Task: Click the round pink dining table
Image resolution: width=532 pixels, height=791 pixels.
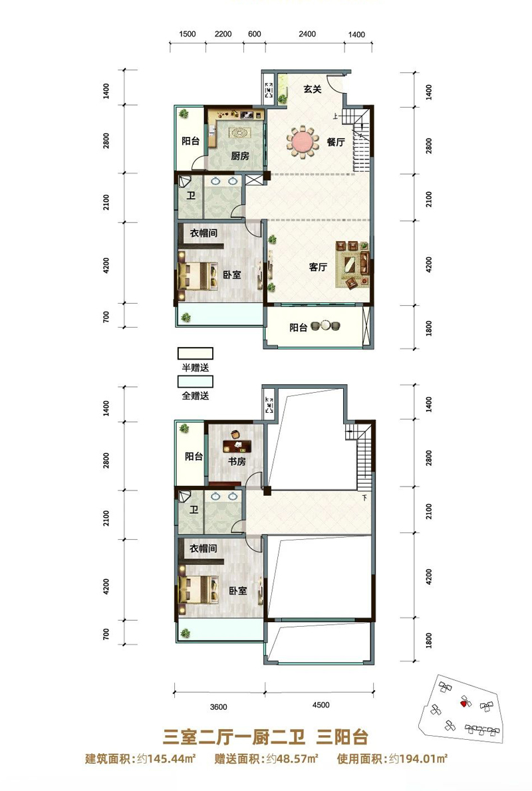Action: coord(303,141)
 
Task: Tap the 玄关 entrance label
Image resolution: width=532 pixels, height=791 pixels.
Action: coord(313,89)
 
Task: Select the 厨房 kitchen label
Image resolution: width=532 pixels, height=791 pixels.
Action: coord(240,156)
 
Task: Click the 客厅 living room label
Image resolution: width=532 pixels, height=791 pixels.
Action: coord(318,267)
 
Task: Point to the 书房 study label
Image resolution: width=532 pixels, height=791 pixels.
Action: coord(237,461)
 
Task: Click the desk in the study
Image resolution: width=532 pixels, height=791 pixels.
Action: coord(237,445)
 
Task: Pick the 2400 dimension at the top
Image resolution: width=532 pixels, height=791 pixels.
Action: coord(307,34)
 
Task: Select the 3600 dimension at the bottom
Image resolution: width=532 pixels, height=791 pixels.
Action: coord(219,707)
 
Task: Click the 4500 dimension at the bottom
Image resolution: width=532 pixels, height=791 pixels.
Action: coord(321,705)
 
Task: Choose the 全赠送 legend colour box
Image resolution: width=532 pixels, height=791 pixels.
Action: coord(195,381)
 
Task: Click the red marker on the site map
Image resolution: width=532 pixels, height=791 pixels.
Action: coord(463,702)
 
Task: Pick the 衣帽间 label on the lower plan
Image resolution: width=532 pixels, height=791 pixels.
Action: coord(203,548)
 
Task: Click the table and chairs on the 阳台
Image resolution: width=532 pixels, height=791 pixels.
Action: coord(326,326)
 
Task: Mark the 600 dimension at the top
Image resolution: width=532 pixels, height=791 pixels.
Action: coord(255,34)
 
